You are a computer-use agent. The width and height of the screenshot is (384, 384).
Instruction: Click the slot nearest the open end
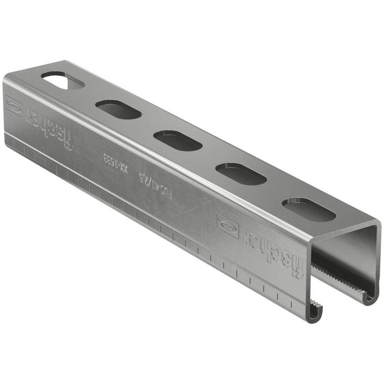[x=309, y=209]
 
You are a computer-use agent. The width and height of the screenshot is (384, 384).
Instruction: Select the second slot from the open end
[x=241, y=174]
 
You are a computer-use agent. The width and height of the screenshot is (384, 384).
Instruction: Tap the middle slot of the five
[x=177, y=141]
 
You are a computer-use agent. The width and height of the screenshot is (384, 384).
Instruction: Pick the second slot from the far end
[x=118, y=110]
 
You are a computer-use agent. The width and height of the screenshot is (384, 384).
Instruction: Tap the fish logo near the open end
[x=228, y=225]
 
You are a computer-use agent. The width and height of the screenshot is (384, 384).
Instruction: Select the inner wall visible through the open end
[x=346, y=256]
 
